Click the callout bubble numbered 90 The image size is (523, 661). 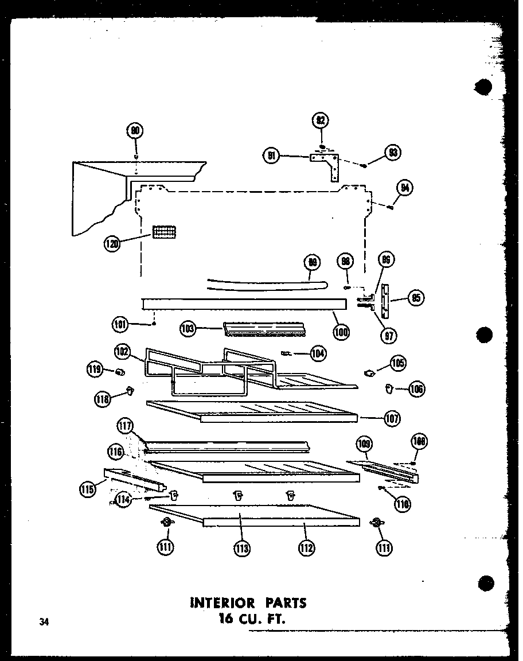[x=135, y=131]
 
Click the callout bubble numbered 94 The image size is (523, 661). [x=405, y=188]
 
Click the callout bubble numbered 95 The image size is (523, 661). [x=415, y=297]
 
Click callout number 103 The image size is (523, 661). [x=188, y=329]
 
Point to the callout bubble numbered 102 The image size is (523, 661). [x=122, y=351]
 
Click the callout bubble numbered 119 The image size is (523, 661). [x=95, y=370]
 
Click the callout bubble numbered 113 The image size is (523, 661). [x=241, y=548]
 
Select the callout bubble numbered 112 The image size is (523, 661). [x=306, y=548]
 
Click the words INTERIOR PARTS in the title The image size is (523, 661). [x=248, y=602]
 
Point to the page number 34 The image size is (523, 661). [x=44, y=621]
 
